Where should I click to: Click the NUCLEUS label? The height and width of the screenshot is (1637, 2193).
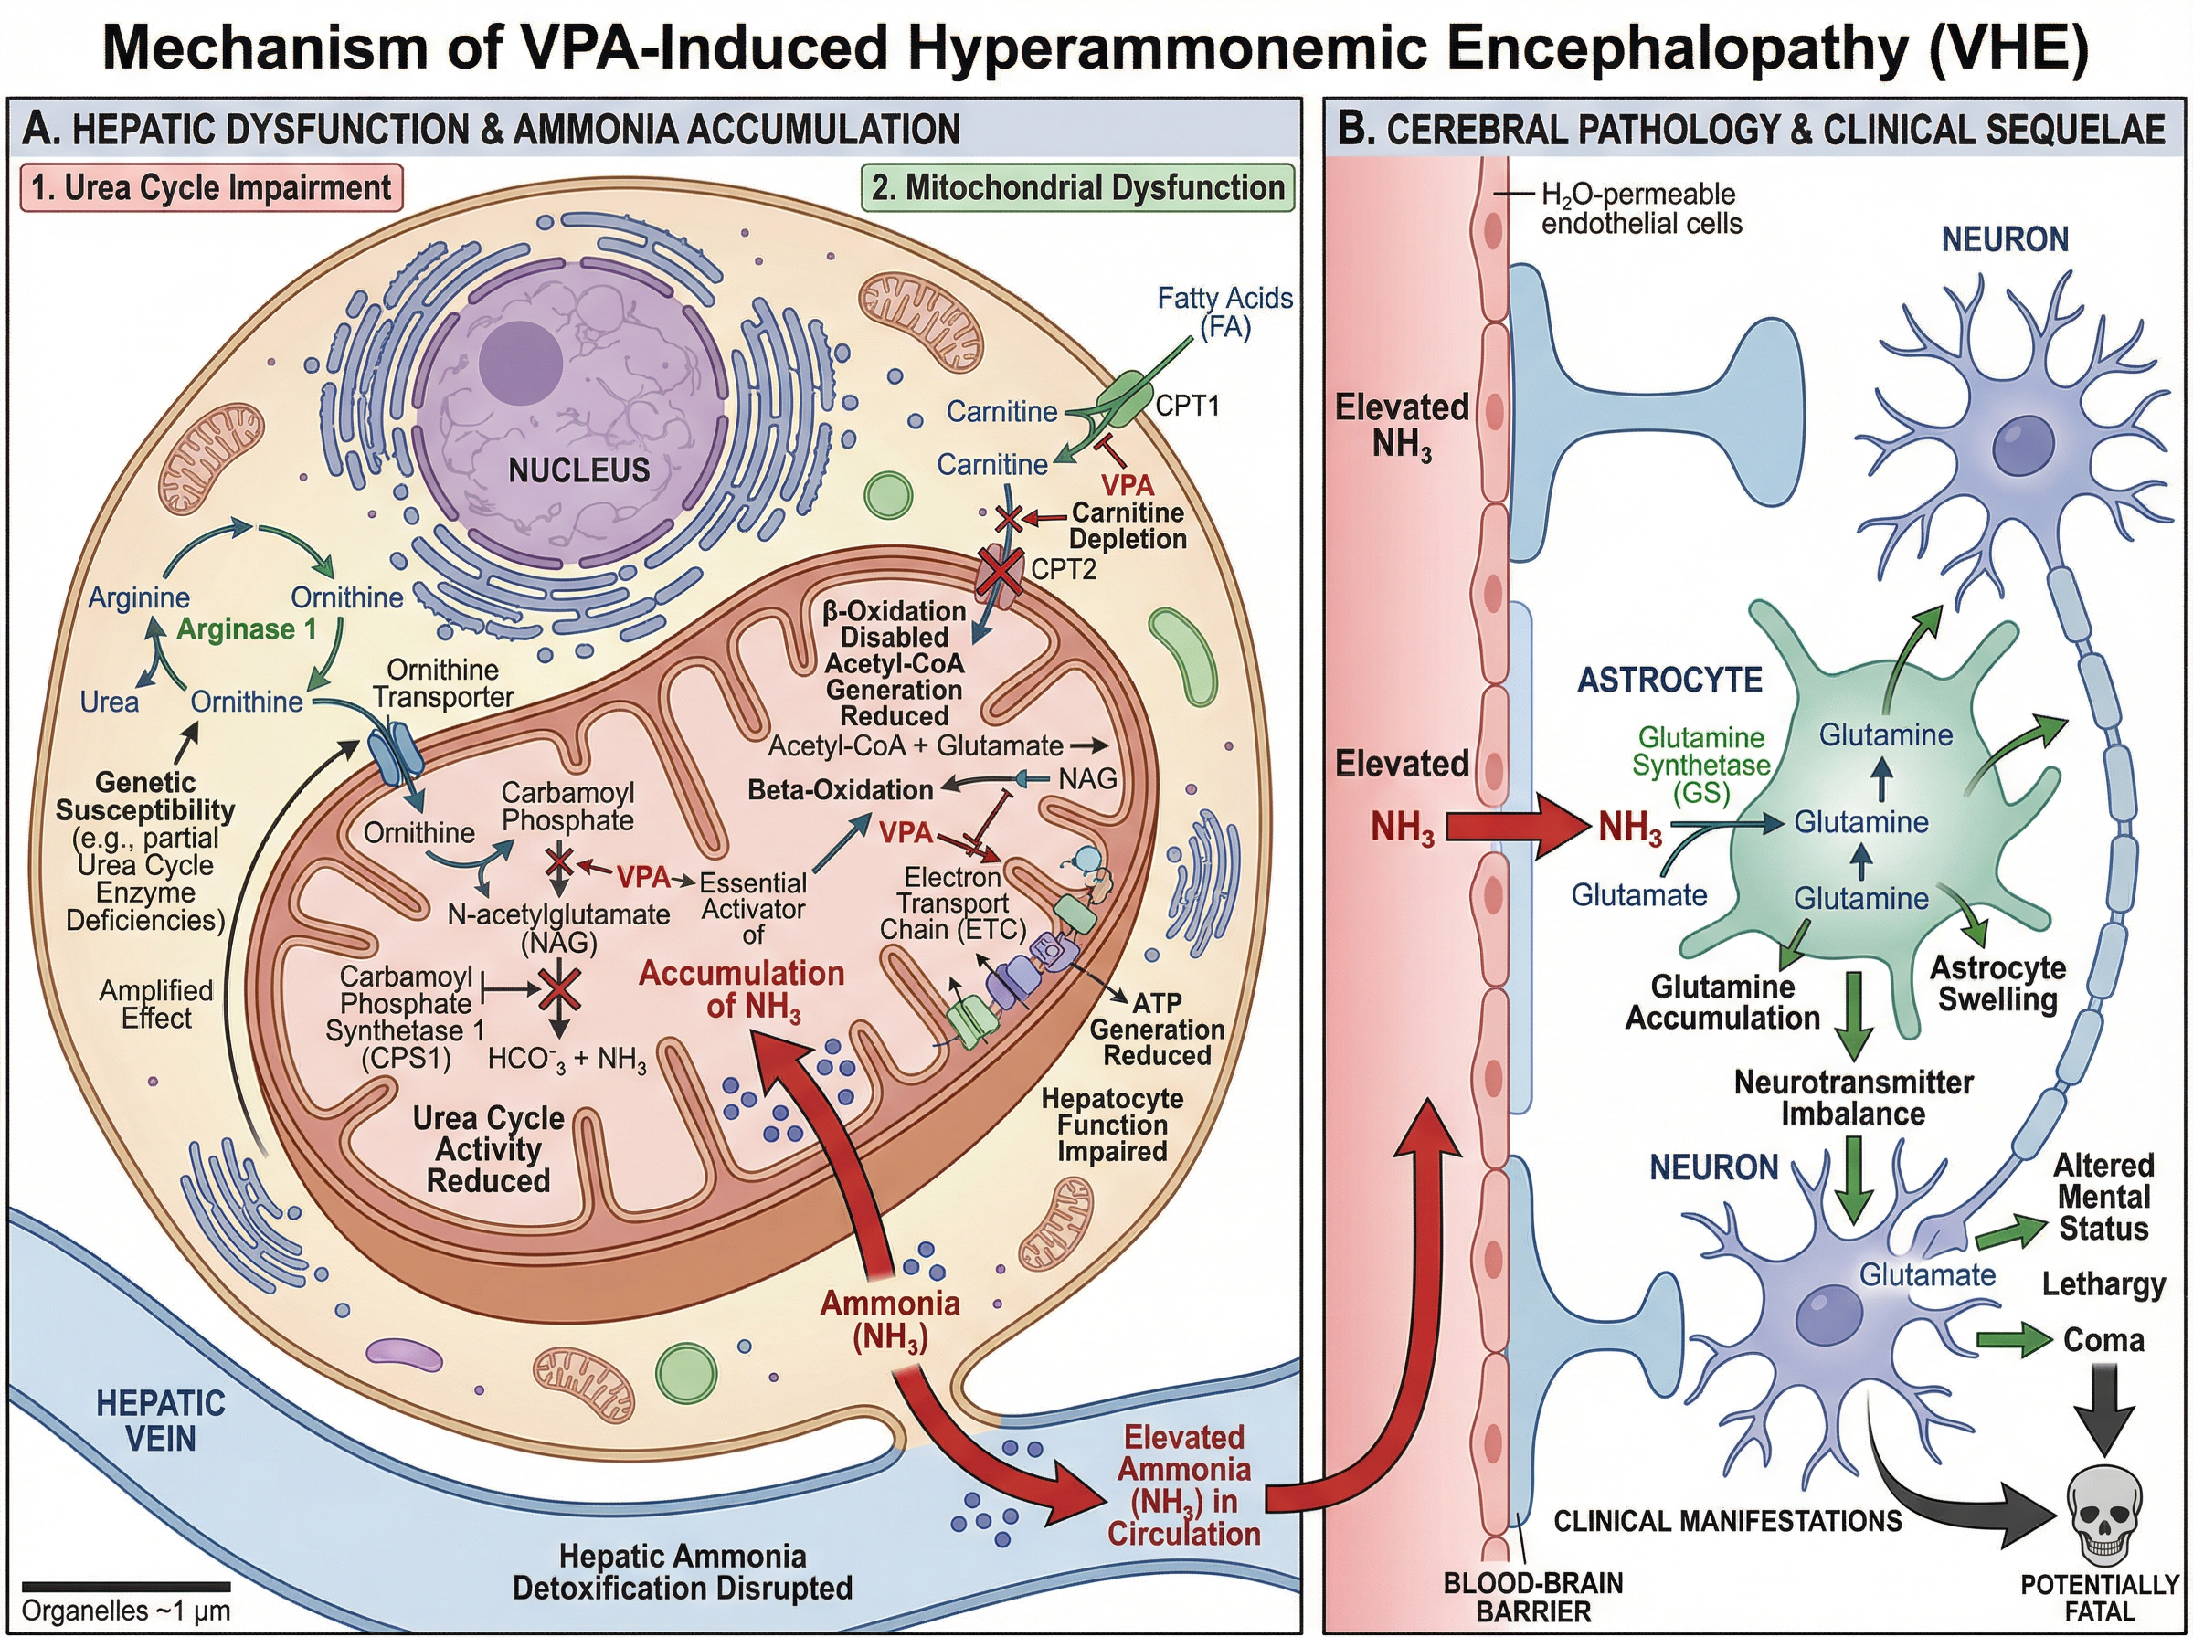[x=578, y=469]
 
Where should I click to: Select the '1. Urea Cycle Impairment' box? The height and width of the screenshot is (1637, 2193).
[x=211, y=187]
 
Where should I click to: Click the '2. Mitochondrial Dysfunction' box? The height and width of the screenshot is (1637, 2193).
[x=1078, y=187]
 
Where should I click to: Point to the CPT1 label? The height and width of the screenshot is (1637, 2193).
[x=1187, y=406]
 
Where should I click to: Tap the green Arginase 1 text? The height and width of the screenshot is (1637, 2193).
[x=246, y=629]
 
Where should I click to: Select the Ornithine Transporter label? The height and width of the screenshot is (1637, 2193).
[x=443, y=682]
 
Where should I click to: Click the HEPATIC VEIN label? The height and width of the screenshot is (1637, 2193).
[x=161, y=1420]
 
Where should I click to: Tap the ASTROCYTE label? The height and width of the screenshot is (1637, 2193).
[x=1669, y=680]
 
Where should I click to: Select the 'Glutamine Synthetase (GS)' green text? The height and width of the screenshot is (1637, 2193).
[x=1700, y=765]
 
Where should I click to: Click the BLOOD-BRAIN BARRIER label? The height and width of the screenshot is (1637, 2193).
[x=1533, y=1597]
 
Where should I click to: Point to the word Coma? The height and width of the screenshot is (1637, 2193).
[x=2103, y=1340]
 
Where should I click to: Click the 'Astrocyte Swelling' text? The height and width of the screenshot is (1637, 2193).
[x=1997, y=982]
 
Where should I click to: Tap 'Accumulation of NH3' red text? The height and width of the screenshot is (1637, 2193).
[x=741, y=989]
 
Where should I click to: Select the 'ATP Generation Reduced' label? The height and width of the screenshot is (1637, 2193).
[x=1157, y=1029]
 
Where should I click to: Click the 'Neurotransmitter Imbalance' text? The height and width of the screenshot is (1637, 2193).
[x=1852, y=1097]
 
